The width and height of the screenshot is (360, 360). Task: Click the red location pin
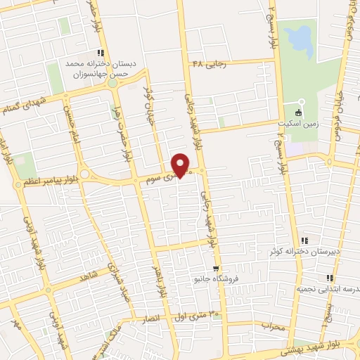pos(181,164)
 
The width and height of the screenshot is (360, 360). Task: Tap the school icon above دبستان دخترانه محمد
pos(101,52)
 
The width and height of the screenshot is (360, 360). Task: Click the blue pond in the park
pos(301,42)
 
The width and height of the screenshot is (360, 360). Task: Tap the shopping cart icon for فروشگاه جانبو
pos(217,268)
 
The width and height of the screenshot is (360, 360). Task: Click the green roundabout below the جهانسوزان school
pos(112,83)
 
